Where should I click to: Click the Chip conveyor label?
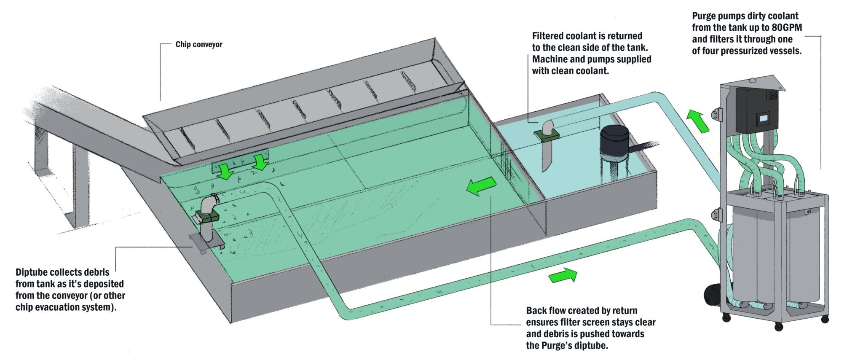click(x=198, y=44)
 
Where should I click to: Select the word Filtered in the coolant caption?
click(x=548, y=36)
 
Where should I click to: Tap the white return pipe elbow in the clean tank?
click(x=548, y=127)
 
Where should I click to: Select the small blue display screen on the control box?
click(x=763, y=119)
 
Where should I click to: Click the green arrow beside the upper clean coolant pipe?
click(x=697, y=121)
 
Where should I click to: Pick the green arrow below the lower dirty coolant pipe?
click(x=563, y=276)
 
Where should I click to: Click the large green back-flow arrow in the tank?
click(x=481, y=186)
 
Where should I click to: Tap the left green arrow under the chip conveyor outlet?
click(x=225, y=171)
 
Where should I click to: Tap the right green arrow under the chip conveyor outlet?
click(x=260, y=162)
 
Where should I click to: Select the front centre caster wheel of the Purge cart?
click(x=778, y=327)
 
